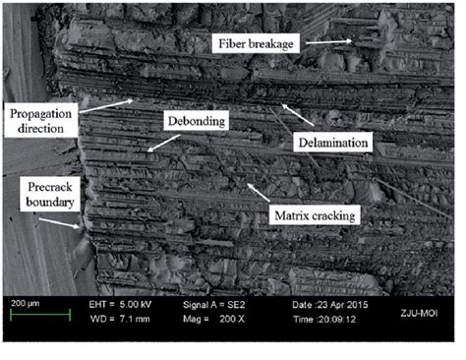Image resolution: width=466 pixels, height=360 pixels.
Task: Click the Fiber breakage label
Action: point(256,42)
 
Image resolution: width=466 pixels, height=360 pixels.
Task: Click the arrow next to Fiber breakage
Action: point(329,41)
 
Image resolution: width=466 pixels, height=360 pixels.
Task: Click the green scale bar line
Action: point(38,315)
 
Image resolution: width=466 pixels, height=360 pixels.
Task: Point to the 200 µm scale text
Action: point(27,303)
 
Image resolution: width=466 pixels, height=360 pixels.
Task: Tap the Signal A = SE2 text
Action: point(214,304)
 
